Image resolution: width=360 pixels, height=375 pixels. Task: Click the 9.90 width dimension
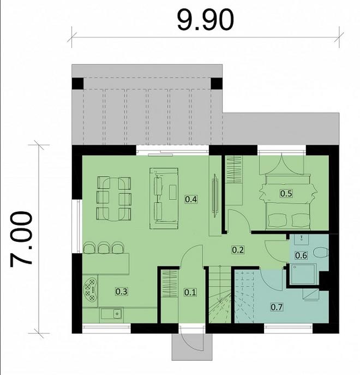(205, 20)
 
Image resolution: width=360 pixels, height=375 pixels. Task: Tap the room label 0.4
(191, 199)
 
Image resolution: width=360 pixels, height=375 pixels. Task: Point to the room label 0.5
(286, 193)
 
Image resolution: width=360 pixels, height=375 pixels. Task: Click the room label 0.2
(238, 250)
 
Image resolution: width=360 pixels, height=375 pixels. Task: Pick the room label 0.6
(301, 255)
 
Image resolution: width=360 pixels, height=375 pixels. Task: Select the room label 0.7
(277, 307)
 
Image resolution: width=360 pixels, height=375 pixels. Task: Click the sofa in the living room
(165, 196)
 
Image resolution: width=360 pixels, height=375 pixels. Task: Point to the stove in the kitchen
(91, 287)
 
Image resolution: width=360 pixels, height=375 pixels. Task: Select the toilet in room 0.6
(321, 252)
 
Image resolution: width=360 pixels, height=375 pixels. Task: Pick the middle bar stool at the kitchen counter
(103, 248)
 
